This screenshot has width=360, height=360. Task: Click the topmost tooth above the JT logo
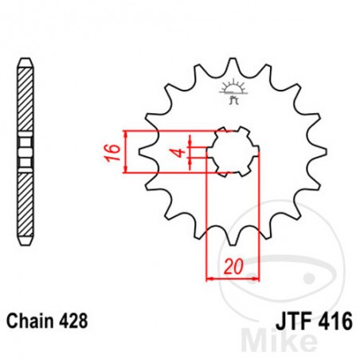(232, 70)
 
